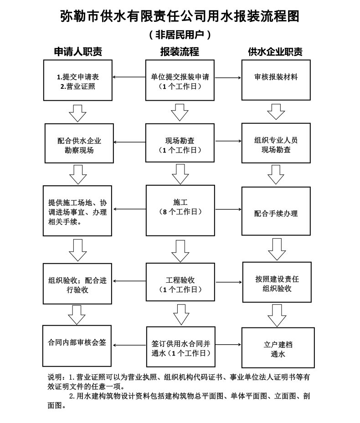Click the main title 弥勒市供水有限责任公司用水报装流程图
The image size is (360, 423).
180,16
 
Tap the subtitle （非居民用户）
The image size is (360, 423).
180,35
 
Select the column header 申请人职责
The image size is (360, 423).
78,51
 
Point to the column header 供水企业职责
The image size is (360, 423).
276,51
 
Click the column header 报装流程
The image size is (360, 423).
180,51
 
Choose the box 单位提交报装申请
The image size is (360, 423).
180,80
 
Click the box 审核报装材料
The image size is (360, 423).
276,80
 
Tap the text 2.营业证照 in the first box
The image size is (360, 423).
78,87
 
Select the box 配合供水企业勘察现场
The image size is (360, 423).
79,143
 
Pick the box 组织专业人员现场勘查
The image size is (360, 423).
276,143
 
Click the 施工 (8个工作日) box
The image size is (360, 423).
180,210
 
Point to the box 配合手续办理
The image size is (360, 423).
276,211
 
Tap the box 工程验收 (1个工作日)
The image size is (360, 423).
180,282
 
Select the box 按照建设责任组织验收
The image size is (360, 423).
277,282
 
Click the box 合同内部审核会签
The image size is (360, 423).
77,346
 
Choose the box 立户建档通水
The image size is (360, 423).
278,348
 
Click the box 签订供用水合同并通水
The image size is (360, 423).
180,347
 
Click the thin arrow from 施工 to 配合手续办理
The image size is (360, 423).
228,209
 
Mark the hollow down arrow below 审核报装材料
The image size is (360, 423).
276,112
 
